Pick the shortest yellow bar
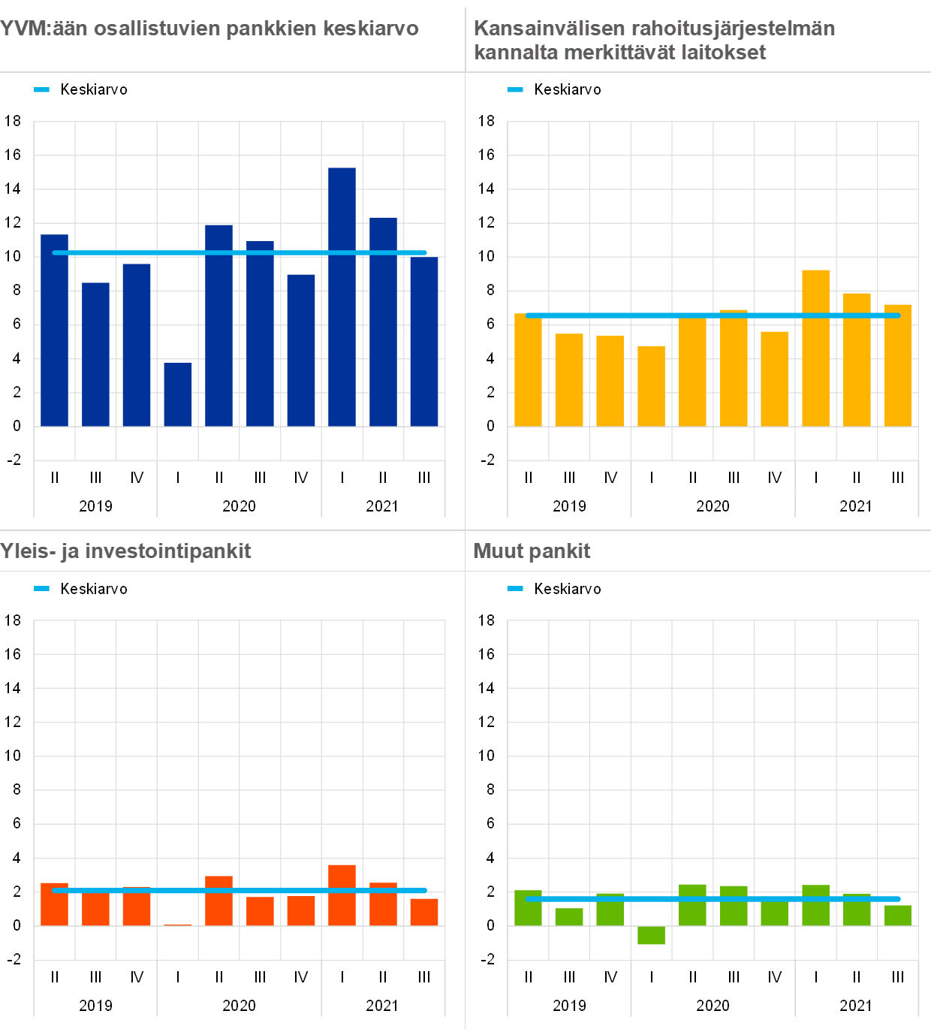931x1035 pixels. [651, 386]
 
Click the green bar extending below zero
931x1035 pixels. [651, 935]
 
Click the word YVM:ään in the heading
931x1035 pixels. [43, 29]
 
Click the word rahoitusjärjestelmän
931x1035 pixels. [734, 29]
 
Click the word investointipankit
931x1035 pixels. [167, 551]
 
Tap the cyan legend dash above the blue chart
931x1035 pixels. [42, 90]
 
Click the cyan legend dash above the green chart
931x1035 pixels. [515, 589]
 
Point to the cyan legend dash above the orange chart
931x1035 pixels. [42, 589]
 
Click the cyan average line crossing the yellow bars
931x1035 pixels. [713, 315]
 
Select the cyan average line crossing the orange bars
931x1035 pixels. [240, 891]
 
